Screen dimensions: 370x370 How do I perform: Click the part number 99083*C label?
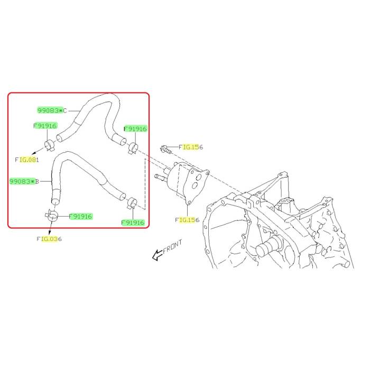(x=52, y=110)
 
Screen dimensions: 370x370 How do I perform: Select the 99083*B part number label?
(x=24, y=181)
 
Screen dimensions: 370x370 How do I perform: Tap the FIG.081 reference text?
(x=27, y=160)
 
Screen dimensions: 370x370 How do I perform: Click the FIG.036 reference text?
(x=49, y=239)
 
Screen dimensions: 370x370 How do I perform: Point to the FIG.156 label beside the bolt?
(x=191, y=147)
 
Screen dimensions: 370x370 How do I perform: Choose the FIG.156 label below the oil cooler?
(x=187, y=220)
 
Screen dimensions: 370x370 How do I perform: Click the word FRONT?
(x=172, y=247)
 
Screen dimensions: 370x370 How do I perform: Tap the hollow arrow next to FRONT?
(x=157, y=255)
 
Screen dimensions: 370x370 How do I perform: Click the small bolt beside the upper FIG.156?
(x=166, y=150)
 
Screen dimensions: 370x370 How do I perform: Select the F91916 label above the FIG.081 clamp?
(x=45, y=126)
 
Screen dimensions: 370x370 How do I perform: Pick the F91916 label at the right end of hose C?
(x=135, y=129)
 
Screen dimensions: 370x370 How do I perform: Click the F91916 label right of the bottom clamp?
(x=80, y=216)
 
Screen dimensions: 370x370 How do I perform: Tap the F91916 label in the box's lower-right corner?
(x=133, y=223)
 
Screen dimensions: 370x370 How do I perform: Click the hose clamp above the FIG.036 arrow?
(x=52, y=216)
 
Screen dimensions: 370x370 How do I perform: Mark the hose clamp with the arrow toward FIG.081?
(x=50, y=145)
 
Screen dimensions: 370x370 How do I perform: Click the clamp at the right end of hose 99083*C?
(x=133, y=148)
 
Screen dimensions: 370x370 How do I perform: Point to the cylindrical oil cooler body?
(x=179, y=179)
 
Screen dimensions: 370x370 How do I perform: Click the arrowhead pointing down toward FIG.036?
(x=50, y=233)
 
